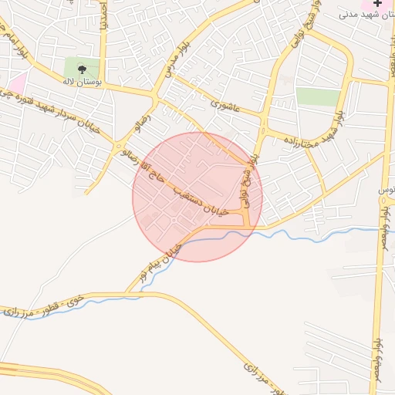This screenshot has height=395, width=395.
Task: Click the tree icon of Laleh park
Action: [83, 69]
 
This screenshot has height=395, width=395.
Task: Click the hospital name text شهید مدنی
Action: [363, 15]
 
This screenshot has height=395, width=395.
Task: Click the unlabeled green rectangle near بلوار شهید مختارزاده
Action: [318, 96]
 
